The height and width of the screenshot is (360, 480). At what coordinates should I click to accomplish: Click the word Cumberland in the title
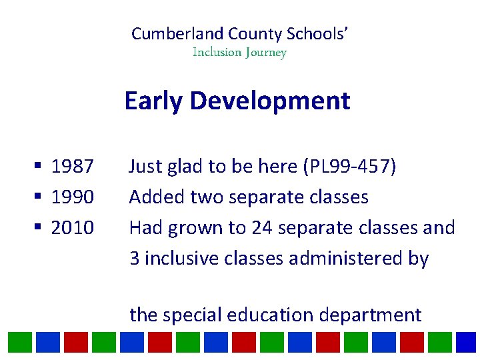(177, 34)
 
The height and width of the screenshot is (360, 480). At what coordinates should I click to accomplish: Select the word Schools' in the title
(319, 34)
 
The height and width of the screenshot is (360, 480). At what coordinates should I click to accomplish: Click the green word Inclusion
(216, 52)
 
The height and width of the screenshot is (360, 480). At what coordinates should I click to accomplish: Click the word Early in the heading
(153, 101)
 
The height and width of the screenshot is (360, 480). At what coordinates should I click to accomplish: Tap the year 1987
(73, 166)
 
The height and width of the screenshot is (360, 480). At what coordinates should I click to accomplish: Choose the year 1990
(73, 197)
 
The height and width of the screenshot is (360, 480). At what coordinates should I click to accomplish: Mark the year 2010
(73, 228)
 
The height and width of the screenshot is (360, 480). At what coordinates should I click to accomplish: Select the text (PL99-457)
(349, 166)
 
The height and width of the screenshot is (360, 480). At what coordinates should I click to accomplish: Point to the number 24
(262, 228)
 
